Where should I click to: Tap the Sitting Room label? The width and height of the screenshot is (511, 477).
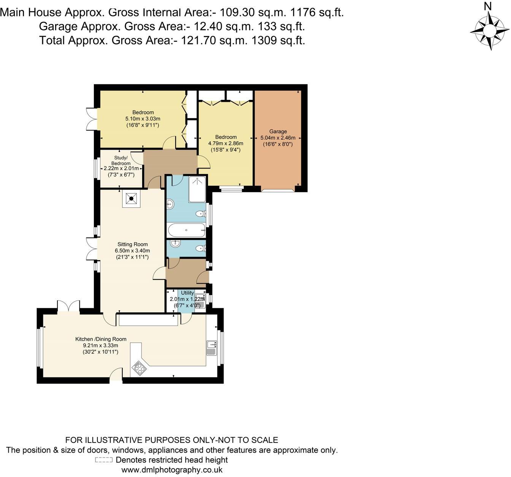[132, 244]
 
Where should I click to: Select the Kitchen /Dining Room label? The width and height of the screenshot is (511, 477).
[101, 339]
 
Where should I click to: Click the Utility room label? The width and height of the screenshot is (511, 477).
[187, 293]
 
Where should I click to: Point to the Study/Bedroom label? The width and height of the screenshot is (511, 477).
[121, 160]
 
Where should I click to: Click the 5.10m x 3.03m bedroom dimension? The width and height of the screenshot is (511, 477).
[143, 118]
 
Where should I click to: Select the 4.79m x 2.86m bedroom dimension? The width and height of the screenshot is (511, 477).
[225, 144]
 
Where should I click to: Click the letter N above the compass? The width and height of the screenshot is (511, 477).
[488, 6]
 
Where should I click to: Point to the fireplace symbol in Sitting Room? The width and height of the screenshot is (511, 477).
[131, 198]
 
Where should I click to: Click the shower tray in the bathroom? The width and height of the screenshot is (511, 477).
[197, 189]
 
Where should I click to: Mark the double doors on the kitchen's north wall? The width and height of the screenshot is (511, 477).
[68, 306]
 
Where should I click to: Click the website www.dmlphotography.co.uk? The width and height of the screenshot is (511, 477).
[171, 470]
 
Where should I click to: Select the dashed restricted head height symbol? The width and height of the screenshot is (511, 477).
[103, 460]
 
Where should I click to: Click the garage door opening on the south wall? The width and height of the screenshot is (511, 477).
[277, 189]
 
